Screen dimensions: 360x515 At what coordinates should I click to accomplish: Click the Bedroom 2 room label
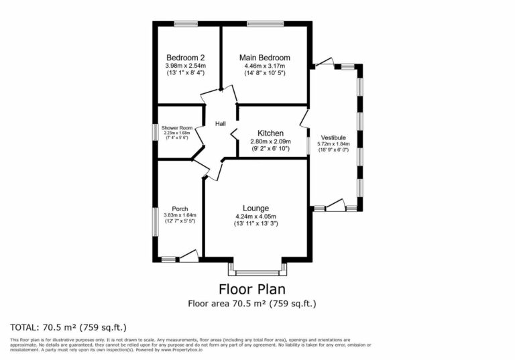pos(186,58)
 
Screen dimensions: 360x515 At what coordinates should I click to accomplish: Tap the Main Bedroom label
pos(265,58)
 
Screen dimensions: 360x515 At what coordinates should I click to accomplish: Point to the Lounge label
pos(255,208)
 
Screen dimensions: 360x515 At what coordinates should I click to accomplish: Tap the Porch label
pos(180,208)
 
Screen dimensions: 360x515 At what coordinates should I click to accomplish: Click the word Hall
pos(220,124)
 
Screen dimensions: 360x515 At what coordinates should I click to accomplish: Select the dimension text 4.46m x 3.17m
pos(265,66)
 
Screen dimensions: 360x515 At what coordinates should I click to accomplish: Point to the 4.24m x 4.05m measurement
pos(255,216)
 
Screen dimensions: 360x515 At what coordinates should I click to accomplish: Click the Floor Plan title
pos(251,290)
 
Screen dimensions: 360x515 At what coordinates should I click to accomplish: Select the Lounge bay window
pos(257,272)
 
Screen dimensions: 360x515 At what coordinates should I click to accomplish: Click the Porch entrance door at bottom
pos(189,255)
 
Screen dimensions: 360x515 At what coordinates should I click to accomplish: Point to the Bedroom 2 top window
pos(186,24)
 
